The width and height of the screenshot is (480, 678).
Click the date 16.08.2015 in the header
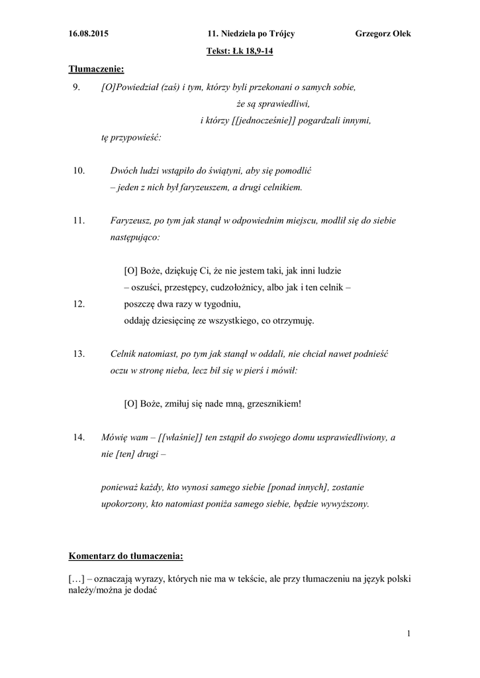tap(89, 34)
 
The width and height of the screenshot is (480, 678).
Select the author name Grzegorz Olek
tap(383, 34)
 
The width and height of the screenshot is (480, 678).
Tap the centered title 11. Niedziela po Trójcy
tap(252, 34)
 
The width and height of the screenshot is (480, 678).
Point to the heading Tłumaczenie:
tap(97, 69)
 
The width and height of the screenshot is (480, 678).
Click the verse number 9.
tap(76, 87)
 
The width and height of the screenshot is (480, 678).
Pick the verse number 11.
tap(79, 220)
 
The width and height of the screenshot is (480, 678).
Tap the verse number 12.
tap(79, 304)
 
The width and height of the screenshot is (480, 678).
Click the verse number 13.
tap(79, 354)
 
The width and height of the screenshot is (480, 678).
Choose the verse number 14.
tap(79, 438)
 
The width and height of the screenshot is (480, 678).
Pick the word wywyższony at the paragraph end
tap(345, 504)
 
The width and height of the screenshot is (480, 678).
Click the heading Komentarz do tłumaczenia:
tap(126, 555)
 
